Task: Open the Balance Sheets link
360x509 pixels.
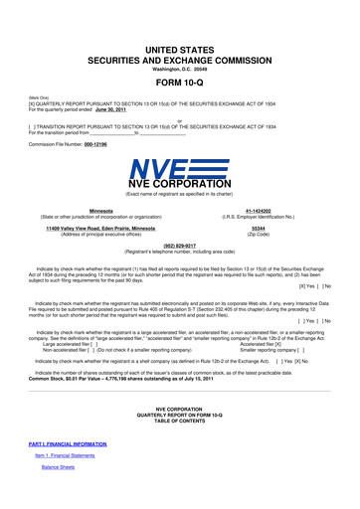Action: [x=59, y=494]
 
